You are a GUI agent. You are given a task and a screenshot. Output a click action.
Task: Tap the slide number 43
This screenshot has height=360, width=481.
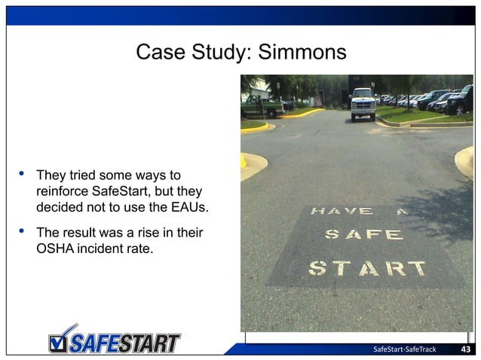coord(465,349)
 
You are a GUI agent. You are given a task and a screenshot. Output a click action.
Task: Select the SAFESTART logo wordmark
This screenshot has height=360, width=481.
coord(124,343)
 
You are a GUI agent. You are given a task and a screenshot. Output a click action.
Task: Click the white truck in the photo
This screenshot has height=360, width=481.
coord(363,103)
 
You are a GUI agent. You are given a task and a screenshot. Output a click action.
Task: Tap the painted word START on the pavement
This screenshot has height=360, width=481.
coord(367,268)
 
